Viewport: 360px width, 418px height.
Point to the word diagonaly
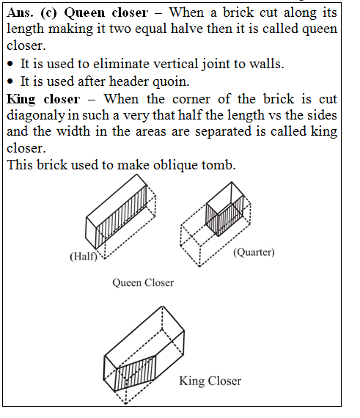click(x=34, y=114)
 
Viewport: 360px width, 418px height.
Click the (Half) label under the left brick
click(x=84, y=257)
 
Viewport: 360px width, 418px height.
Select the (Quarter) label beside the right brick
click(x=253, y=253)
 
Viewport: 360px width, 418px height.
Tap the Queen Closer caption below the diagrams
click(x=142, y=282)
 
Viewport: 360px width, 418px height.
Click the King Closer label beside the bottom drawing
click(x=210, y=381)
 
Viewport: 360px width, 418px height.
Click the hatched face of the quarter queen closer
click(x=217, y=216)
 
